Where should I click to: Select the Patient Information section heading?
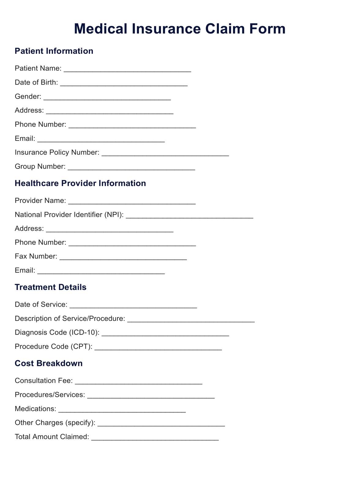54,51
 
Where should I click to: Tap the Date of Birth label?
36,82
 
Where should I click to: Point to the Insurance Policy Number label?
57,152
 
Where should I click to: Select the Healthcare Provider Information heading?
80,183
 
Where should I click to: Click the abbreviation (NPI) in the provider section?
114,215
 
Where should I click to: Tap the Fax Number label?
36,256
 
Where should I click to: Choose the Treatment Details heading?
51,287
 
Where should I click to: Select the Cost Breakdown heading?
49,363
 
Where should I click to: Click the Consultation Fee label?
44,381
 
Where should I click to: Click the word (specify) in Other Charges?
80,423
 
